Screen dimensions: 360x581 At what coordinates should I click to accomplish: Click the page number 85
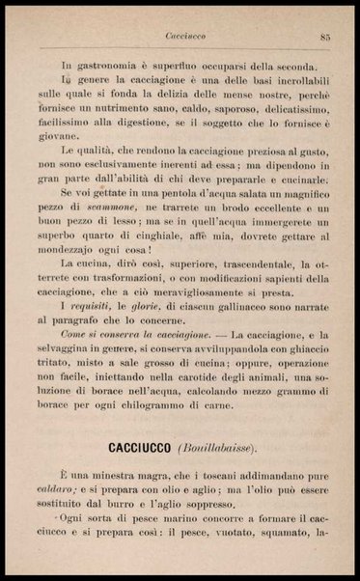coord(326,37)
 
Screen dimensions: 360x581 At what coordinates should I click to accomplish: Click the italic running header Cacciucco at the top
coord(181,37)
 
